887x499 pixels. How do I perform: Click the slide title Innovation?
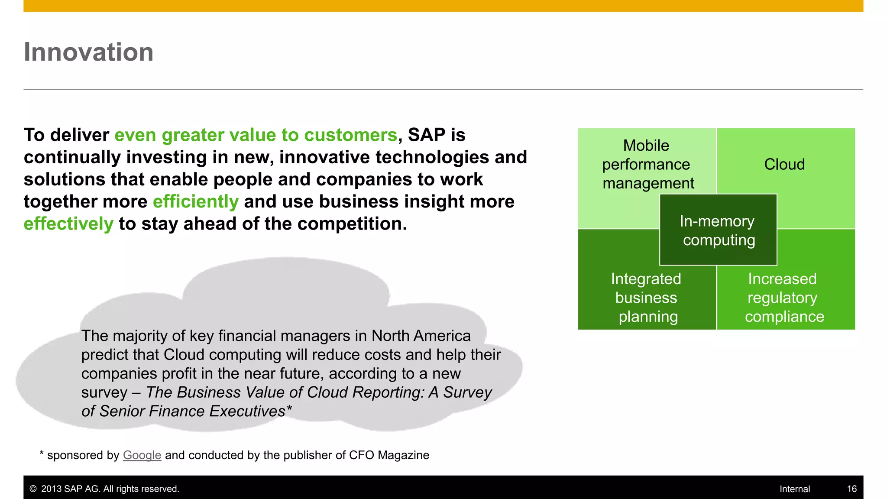(x=88, y=52)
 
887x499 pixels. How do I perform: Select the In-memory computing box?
(x=718, y=230)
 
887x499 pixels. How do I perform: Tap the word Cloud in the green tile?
(x=784, y=165)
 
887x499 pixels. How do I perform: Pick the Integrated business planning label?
(x=646, y=298)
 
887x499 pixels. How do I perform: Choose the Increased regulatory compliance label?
(x=784, y=298)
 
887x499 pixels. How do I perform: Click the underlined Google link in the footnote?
(x=142, y=455)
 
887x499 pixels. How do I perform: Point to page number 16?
(x=851, y=489)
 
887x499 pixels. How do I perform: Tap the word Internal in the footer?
(x=794, y=489)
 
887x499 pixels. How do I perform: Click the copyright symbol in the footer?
(x=33, y=489)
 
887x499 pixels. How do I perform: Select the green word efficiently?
(x=195, y=202)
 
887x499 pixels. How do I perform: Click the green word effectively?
(x=68, y=224)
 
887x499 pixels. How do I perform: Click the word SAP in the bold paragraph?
(x=426, y=135)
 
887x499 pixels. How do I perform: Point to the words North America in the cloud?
(x=421, y=336)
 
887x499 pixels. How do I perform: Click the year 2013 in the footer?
(x=51, y=489)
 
